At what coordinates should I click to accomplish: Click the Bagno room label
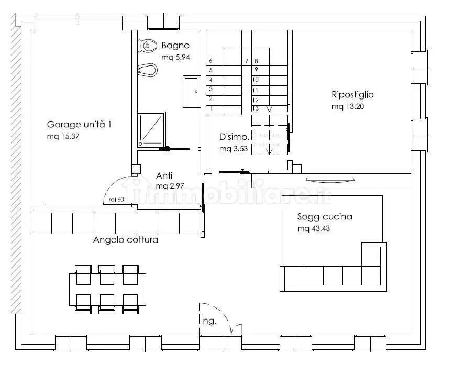click(x=175, y=46)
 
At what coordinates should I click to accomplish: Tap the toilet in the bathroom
click(x=147, y=46)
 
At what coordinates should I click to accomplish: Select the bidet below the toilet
click(x=147, y=70)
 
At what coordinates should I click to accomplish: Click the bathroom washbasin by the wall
click(x=191, y=91)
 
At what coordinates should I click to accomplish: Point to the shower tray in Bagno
click(x=151, y=130)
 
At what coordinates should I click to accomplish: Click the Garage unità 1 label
click(x=79, y=125)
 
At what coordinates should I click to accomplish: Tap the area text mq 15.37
click(x=63, y=136)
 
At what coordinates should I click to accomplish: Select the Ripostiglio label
click(x=352, y=94)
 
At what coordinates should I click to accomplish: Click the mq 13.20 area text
click(x=348, y=106)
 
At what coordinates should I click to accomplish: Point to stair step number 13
click(x=256, y=108)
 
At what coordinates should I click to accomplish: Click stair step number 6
click(x=211, y=60)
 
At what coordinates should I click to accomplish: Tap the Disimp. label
click(x=234, y=137)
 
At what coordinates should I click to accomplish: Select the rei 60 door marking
click(x=116, y=200)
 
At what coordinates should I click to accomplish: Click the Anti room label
click(x=164, y=175)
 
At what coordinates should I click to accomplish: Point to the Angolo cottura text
click(x=126, y=240)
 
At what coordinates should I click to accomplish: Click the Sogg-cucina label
click(x=325, y=216)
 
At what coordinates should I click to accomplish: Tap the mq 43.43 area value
click(x=314, y=228)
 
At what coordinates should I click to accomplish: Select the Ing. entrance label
click(x=208, y=321)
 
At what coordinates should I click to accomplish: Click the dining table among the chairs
click(x=107, y=290)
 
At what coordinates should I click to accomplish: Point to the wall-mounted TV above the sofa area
click(x=330, y=180)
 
